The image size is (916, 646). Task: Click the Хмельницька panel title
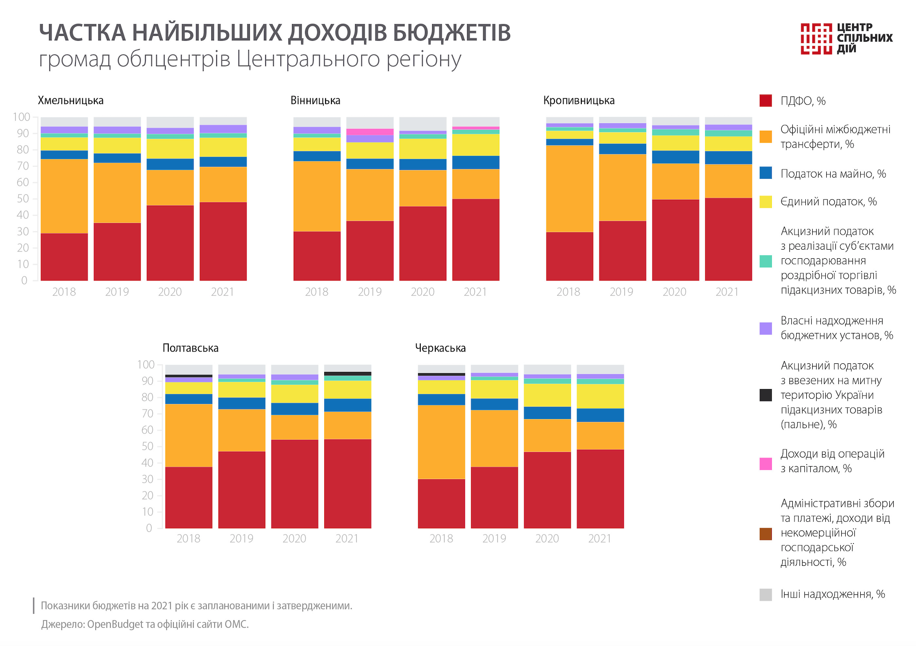click(x=70, y=101)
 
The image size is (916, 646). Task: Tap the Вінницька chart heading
click(x=315, y=101)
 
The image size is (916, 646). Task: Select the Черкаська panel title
click(x=440, y=348)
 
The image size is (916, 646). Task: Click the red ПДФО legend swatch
click(x=765, y=101)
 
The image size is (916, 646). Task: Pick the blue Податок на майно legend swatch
click(x=765, y=173)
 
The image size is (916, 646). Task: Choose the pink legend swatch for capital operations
click(x=765, y=463)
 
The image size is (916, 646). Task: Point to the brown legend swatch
click(x=765, y=534)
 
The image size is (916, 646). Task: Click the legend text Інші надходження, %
click(x=833, y=594)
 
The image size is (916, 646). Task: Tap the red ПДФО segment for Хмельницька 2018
click(x=64, y=257)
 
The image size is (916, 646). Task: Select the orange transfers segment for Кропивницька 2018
click(x=569, y=188)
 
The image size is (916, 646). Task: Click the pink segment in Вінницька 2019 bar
click(x=370, y=132)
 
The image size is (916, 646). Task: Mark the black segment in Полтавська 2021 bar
click(x=347, y=374)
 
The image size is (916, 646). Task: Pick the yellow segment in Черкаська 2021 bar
click(x=600, y=396)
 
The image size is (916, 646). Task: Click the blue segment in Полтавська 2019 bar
click(x=241, y=404)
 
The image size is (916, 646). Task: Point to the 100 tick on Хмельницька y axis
click(x=21, y=117)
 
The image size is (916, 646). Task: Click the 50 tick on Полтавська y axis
click(x=148, y=446)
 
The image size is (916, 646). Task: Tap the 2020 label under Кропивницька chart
click(x=674, y=292)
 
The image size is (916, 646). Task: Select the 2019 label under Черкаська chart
click(x=494, y=539)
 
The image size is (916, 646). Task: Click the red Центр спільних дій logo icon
click(x=816, y=39)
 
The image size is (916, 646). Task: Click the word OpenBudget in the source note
click(x=115, y=624)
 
